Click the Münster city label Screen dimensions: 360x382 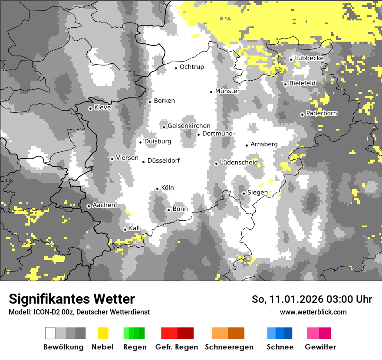coord(227,91)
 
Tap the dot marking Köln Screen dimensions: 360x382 coord(157,189)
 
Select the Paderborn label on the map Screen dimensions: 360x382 coord(321,113)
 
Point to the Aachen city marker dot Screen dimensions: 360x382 coord(89,206)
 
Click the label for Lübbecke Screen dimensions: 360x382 coord(309,58)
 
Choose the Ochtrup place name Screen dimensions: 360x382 coord(191,67)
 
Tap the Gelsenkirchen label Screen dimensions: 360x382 coord(189,126)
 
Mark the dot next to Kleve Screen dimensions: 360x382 coord(90,108)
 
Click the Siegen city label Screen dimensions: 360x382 coord(257,192)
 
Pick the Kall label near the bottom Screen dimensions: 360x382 coord(134,228)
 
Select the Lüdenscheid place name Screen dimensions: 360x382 coord(239,163)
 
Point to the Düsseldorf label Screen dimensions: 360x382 coord(163,160)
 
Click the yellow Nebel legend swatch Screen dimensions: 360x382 coord(103,333)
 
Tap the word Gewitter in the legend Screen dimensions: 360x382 coord(320,347)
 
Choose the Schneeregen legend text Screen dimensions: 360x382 coord(229,347)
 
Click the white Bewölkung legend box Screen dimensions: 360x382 coord(50,333)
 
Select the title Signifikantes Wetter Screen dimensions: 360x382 coord(72,299)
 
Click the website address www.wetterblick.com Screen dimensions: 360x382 coord(313,312)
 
